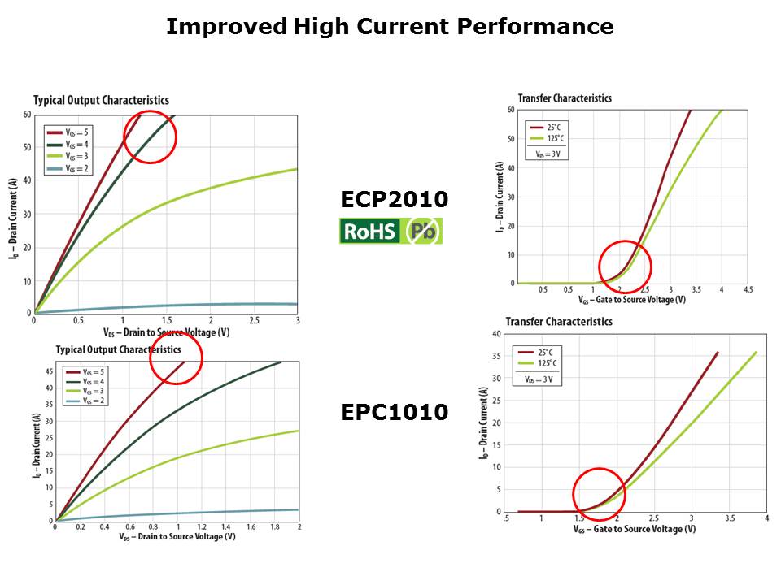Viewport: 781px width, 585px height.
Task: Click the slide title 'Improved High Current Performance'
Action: pos(390,27)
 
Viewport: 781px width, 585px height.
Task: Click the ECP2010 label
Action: pos(394,200)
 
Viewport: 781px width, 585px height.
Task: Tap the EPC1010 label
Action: pos(394,413)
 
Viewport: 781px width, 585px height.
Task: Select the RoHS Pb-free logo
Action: pos(390,232)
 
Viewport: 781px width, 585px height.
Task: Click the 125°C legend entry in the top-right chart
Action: pos(549,138)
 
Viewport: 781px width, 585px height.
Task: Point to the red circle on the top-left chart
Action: pos(150,136)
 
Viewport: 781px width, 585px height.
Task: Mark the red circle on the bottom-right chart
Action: pos(599,494)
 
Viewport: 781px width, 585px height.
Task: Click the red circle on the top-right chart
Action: pos(625,266)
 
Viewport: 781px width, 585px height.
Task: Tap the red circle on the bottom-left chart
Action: pos(176,358)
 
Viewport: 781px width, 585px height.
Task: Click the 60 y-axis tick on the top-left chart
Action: pos(26,115)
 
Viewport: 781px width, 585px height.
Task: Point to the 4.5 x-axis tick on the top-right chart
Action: pos(748,289)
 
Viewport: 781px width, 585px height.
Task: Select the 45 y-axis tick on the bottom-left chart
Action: pos(48,370)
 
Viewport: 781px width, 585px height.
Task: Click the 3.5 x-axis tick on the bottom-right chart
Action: pos(729,518)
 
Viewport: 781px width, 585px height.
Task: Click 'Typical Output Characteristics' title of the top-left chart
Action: pos(101,100)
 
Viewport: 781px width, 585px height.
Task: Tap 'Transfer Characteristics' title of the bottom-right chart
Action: pos(558,321)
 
